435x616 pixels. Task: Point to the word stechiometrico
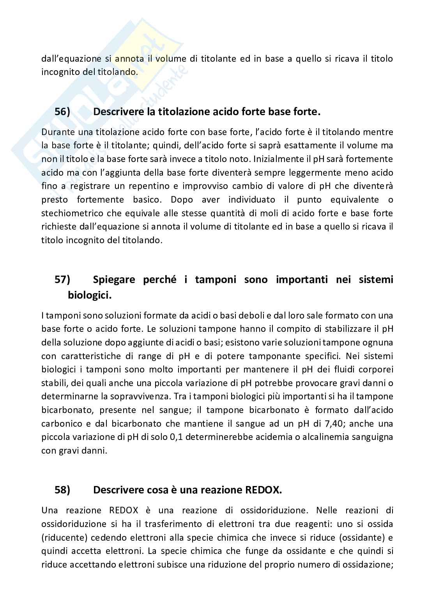(x=72, y=213)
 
